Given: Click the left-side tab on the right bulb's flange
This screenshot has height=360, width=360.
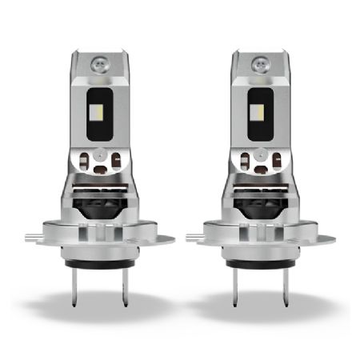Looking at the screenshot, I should click(x=195, y=238).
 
